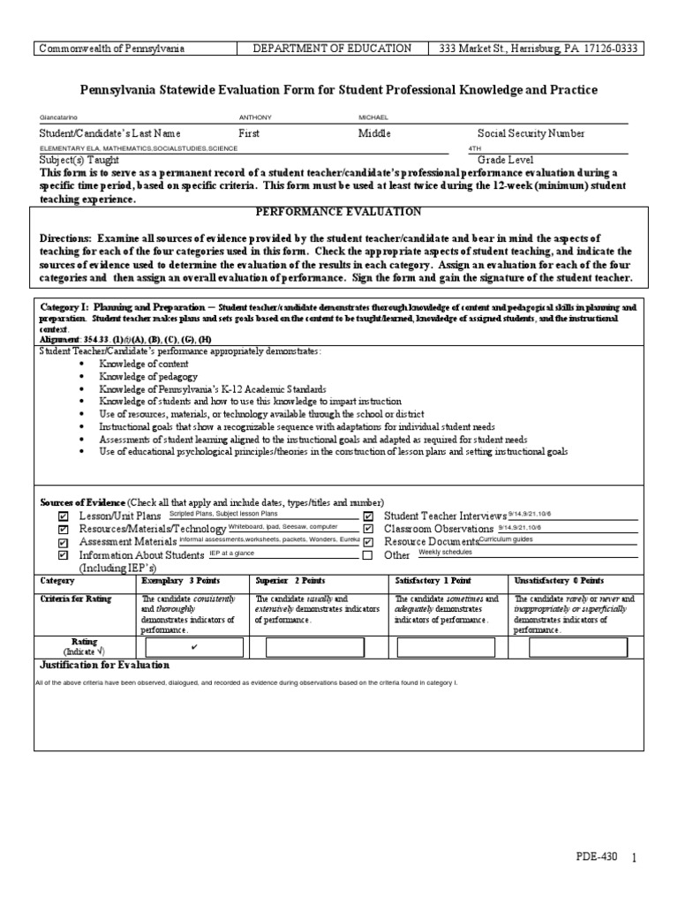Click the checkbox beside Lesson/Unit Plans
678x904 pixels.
pos(63,516)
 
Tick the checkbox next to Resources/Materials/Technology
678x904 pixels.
pos(63,530)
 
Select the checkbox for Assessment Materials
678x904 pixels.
pos(63,543)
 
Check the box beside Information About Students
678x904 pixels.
pos(63,556)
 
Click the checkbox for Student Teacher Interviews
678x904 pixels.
pos(368,516)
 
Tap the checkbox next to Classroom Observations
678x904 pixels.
pos(368,530)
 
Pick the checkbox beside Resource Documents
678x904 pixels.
pos(368,543)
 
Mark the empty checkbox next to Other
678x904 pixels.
pos(368,556)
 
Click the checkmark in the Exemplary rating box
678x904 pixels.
pos(192,647)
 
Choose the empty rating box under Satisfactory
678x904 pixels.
pos(445,648)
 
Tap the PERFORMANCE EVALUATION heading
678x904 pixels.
pos(338,212)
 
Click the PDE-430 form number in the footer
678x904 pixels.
pos(599,857)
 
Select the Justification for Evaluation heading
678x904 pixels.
pos(105,665)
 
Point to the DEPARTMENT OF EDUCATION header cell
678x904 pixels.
pos(331,49)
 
